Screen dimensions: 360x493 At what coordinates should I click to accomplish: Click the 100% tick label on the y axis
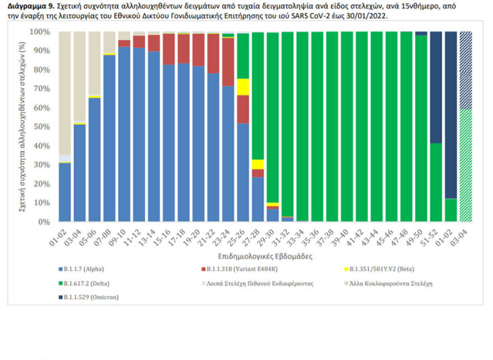pos(41,32)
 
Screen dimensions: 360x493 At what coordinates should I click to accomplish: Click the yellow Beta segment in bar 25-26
pos(242,87)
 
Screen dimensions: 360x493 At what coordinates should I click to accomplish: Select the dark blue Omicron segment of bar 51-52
pos(436,87)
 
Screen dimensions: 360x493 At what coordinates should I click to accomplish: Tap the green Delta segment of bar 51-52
pos(436,182)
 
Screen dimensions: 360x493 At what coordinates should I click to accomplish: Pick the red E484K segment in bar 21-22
pos(213,53)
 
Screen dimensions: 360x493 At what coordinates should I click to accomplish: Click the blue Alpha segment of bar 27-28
pos(257,199)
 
